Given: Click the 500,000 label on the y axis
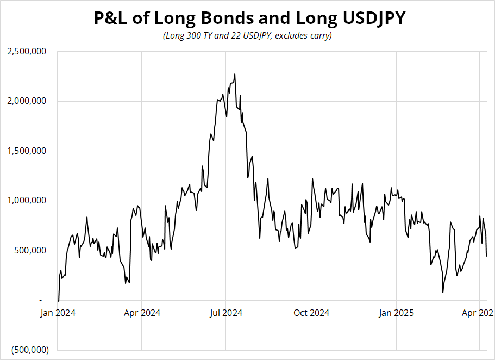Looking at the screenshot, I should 31,251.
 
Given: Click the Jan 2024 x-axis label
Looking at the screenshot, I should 57,313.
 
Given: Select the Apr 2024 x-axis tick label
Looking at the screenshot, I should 142,313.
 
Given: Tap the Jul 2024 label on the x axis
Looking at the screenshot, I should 225,313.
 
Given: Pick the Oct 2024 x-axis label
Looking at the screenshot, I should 311,313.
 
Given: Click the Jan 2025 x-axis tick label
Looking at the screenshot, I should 396,313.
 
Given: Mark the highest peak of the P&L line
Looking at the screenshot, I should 235,74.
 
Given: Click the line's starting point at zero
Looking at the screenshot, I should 58,300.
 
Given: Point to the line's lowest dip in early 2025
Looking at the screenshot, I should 443,293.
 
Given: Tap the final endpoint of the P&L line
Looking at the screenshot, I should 486,256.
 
